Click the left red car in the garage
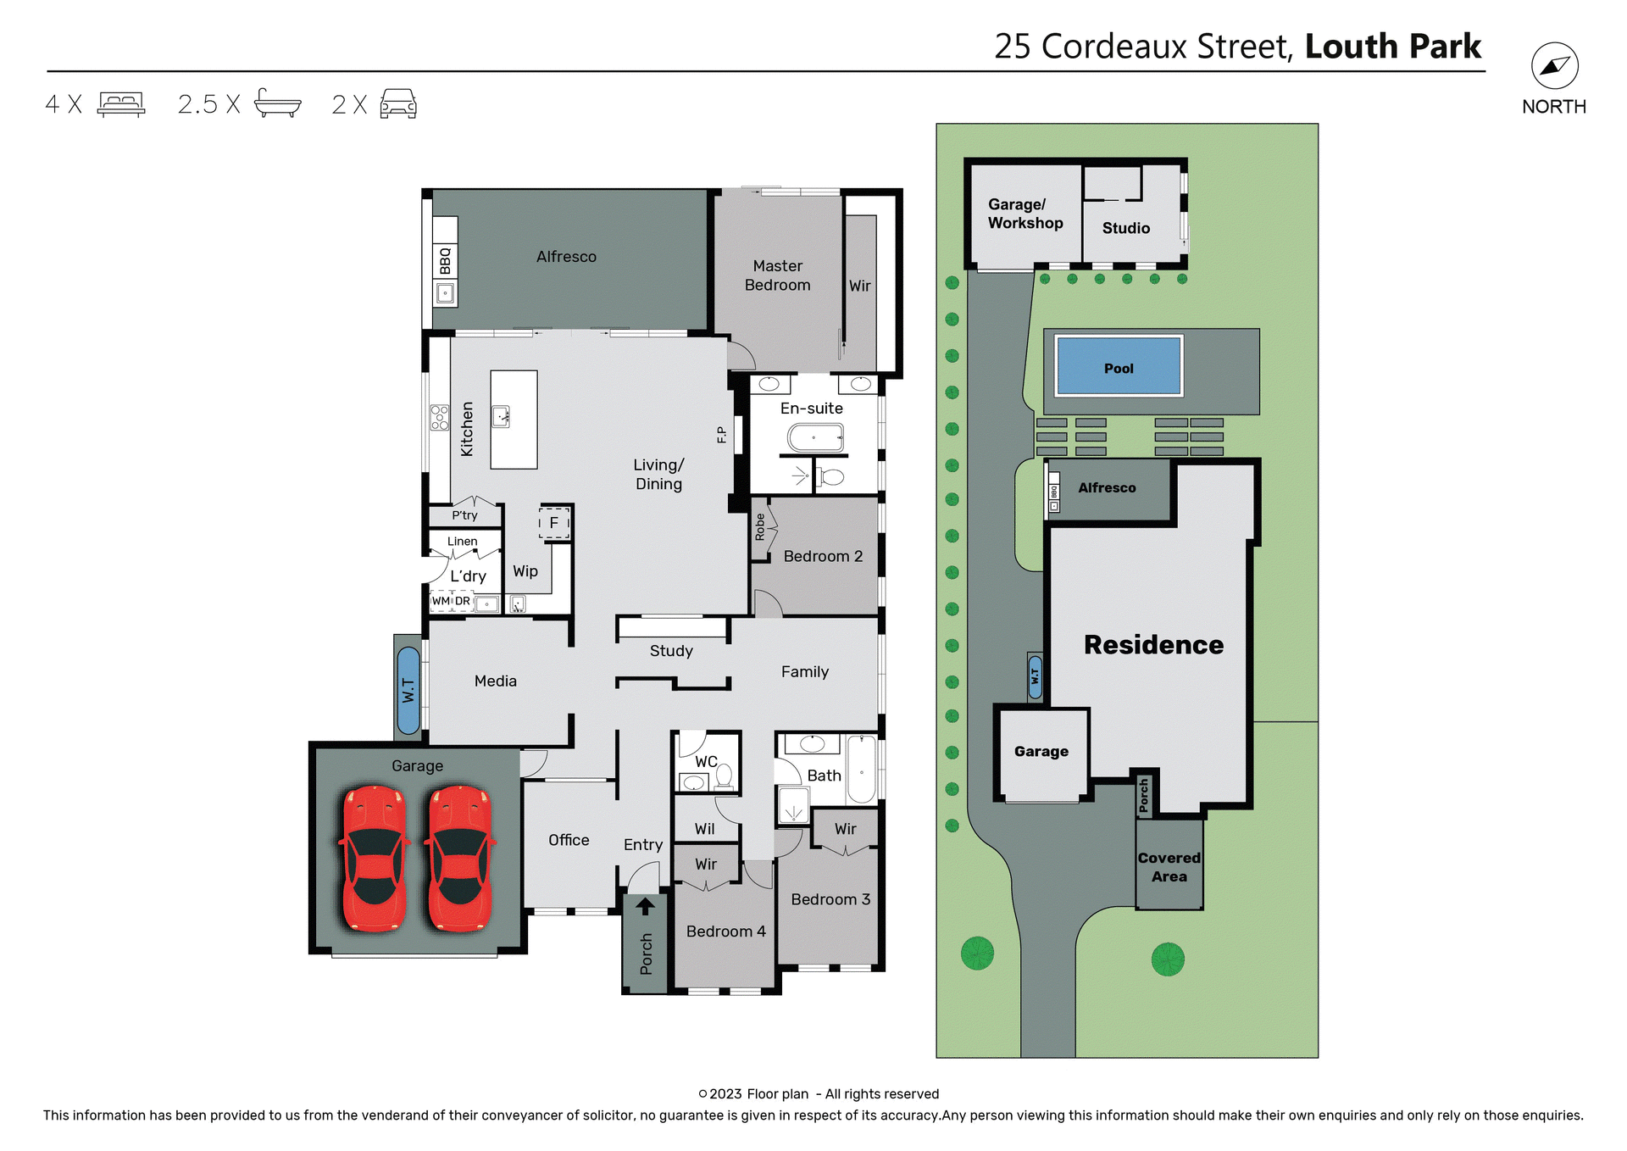click(x=374, y=858)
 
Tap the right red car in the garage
click(x=460, y=858)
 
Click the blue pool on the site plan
click(x=1118, y=366)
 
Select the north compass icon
click(x=1554, y=66)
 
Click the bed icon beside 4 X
click(x=121, y=103)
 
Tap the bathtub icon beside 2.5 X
click(x=277, y=103)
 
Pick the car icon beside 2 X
click(x=398, y=103)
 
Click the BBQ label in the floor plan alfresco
click(x=445, y=260)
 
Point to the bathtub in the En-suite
click(x=815, y=438)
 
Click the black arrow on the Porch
click(x=645, y=906)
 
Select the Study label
click(x=671, y=651)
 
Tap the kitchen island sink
click(x=501, y=416)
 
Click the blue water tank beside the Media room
click(x=408, y=690)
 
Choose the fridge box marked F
click(x=554, y=523)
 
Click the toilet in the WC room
click(x=724, y=776)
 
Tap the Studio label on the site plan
click(x=1125, y=228)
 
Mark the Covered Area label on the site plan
click(x=1169, y=867)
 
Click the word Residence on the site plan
click(x=1153, y=645)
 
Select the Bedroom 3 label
click(x=830, y=899)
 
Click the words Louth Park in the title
click(x=1392, y=47)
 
